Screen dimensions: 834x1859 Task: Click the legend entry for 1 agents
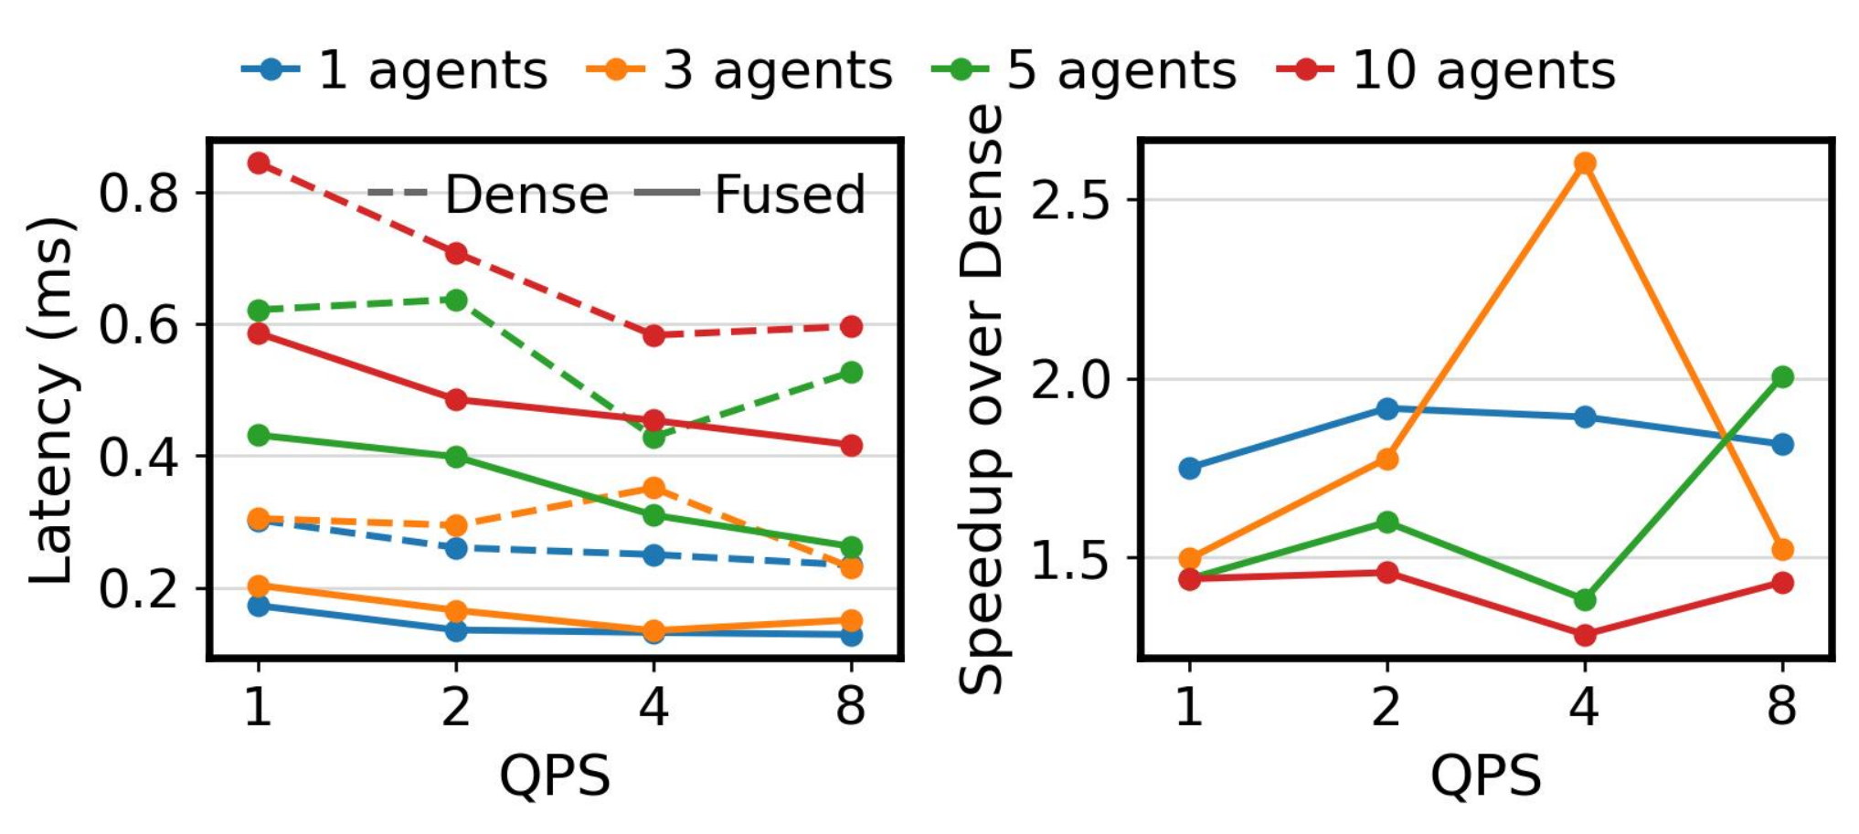point(395,70)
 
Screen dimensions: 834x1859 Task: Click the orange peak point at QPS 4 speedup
point(1585,164)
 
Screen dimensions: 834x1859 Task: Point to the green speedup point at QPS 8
point(1782,377)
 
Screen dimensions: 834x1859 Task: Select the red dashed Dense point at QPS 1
point(259,164)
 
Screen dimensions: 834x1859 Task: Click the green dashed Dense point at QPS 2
point(456,300)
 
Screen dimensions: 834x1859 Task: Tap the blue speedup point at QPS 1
point(1190,469)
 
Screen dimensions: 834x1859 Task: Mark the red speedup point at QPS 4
point(1585,635)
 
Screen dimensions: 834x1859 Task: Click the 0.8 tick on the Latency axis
point(137,194)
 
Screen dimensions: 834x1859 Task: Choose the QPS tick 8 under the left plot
point(851,706)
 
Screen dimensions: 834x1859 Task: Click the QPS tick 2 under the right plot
point(1386,706)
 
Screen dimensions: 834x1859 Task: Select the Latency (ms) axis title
point(51,400)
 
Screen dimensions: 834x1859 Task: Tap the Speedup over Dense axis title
point(982,400)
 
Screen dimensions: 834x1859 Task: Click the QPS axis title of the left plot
point(554,776)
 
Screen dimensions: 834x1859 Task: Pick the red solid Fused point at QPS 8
point(851,446)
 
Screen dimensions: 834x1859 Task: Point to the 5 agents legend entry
point(1085,70)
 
